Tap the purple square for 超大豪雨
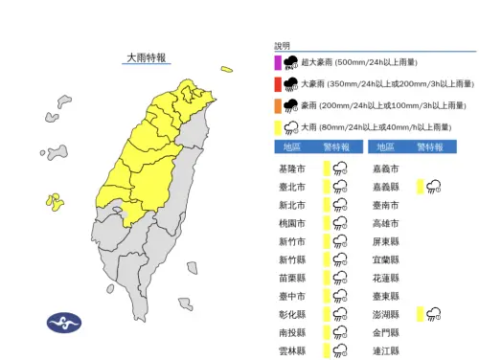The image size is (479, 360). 278,63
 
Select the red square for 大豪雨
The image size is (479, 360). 278,84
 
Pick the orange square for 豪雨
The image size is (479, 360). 278,105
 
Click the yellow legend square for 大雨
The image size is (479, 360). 278,126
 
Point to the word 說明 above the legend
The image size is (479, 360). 282,46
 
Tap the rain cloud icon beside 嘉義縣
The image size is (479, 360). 433,187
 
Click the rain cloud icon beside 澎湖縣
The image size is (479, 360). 433,314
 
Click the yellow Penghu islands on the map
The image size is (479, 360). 56,201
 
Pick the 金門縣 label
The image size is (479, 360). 387,332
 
